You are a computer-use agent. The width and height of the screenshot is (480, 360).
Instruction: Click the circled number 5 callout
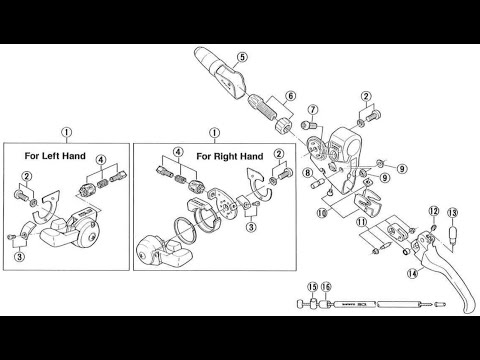click(x=242, y=57)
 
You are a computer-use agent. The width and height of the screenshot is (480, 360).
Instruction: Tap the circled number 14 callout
click(x=412, y=274)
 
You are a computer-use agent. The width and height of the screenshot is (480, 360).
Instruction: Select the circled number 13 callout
click(x=453, y=212)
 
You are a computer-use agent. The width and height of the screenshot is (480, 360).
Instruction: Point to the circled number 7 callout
click(x=313, y=109)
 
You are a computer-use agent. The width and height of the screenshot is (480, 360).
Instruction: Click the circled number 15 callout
click(x=313, y=287)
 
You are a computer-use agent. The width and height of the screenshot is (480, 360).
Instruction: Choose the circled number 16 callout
click(x=326, y=287)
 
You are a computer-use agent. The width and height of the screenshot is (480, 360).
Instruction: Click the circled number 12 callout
click(x=434, y=211)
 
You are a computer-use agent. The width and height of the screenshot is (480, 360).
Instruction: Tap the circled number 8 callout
click(x=308, y=173)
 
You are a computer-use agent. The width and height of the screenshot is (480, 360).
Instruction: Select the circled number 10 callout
click(x=322, y=213)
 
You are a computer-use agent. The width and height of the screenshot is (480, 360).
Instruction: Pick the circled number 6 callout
click(x=291, y=96)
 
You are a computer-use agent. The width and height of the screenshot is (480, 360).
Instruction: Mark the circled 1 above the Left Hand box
click(x=66, y=132)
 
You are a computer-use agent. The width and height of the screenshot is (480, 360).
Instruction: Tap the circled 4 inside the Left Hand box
click(x=101, y=160)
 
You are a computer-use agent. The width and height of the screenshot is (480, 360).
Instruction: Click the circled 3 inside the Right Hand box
click(x=251, y=227)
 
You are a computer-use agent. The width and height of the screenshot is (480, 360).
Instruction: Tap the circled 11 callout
click(x=361, y=221)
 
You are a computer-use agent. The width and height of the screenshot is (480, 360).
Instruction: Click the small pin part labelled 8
click(x=318, y=183)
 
